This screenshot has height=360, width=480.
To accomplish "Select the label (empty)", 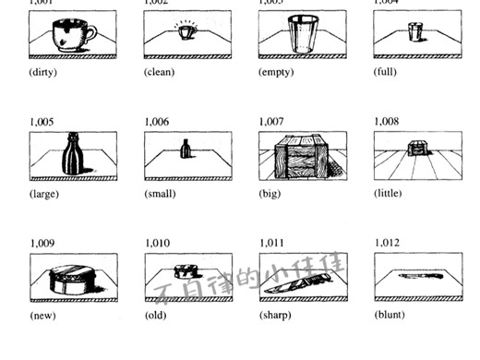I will coord(276,72).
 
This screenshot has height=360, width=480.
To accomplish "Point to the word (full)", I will coord(386,72).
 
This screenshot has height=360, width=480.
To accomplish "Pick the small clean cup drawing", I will coord(186,32).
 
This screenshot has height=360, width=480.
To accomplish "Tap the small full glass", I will coord(415,33).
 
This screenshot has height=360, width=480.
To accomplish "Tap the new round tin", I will coord(67,278).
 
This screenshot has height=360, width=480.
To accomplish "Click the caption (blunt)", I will coord(390,315).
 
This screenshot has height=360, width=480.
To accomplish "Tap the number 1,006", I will coord(158,121).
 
